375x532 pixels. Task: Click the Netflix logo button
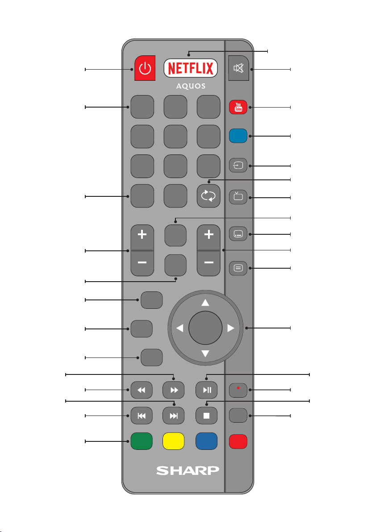191,69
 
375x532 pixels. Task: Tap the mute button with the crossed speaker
239,69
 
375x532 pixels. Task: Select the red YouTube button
238,108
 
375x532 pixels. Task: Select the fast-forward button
175,390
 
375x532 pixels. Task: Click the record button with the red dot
238,390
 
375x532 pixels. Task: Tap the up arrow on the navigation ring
205,303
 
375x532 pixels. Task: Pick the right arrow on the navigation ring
230,328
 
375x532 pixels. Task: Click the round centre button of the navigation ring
205,328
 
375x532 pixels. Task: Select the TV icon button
238,197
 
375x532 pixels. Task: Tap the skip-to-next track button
175,416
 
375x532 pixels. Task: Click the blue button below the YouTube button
238,136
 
